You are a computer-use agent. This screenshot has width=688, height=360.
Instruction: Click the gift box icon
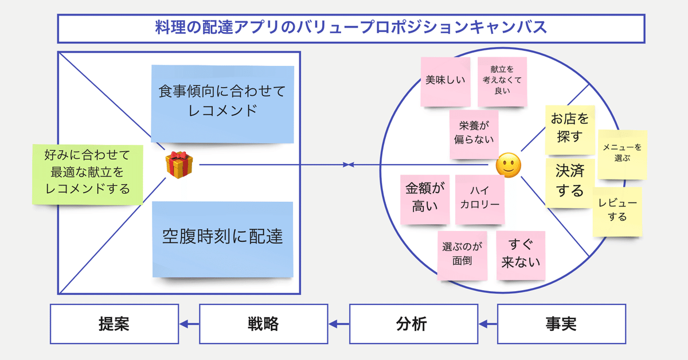pos(179,165)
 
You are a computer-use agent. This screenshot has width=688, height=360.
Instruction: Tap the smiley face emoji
pos(509,165)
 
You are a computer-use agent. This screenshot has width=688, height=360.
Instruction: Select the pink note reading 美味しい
pos(445,81)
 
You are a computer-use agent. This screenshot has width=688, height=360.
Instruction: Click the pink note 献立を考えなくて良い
pos(502,81)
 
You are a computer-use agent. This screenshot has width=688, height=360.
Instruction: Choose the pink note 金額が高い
pos(425,198)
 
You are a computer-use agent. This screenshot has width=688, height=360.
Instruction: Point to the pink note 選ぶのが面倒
pos(462,255)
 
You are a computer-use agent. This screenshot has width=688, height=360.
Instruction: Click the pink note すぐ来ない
pos(521,255)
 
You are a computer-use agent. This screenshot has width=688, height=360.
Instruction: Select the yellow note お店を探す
pos(569,129)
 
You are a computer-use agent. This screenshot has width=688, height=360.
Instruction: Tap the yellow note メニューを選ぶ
pos(622,153)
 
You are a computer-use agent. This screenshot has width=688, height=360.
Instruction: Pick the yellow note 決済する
pos(569,182)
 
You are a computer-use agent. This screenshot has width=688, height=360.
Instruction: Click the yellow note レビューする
pos(617,211)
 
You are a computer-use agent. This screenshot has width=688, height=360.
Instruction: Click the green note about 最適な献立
pos(87,173)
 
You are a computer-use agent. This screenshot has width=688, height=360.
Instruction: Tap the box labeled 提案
pos(113,324)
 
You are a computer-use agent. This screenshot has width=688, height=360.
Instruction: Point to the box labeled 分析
pos(413,324)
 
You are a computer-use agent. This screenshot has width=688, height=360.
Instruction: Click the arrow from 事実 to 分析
pos(487,324)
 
